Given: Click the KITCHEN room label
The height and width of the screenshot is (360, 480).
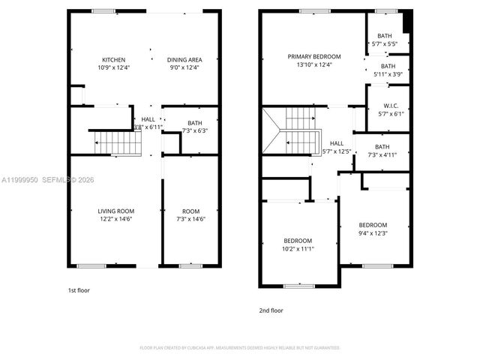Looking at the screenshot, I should [x=114, y=60].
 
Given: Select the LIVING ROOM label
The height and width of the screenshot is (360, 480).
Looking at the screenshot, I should [x=115, y=211].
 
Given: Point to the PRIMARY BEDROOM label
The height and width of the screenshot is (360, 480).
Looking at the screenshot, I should [x=314, y=56].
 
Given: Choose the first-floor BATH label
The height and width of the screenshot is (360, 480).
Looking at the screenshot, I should [x=195, y=123].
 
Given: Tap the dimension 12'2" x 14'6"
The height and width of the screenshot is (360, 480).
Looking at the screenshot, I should [x=115, y=220].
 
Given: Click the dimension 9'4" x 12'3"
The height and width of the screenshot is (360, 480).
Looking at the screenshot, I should [x=373, y=233].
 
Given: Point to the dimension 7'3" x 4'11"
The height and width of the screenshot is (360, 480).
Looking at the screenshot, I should [x=382, y=155].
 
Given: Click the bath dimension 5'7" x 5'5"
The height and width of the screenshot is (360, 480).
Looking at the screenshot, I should [x=385, y=44].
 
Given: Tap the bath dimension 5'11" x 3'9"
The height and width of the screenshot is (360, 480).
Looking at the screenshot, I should [x=388, y=74].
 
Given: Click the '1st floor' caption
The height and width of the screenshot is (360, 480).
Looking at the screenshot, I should [x=78, y=289].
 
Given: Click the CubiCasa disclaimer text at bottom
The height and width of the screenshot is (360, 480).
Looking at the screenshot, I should [x=240, y=348].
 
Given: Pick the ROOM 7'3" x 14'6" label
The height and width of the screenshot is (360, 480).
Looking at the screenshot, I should [x=190, y=216].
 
